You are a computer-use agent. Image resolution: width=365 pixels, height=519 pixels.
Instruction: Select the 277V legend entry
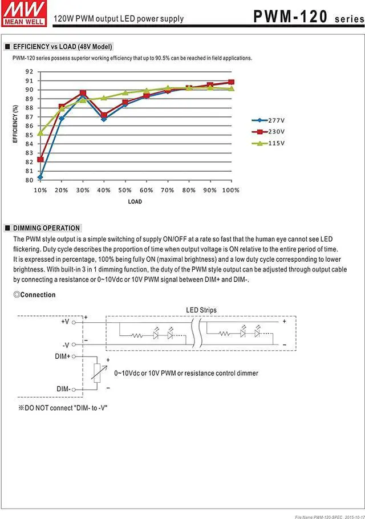click(x=268, y=120)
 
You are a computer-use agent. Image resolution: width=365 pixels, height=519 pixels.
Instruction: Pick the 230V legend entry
click(x=268, y=132)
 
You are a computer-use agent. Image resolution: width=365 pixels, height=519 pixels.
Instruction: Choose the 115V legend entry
click(x=268, y=143)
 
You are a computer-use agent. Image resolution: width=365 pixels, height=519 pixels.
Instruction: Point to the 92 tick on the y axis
click(x=29, y=72)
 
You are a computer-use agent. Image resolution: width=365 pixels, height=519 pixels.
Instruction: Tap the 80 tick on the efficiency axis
click(x=29, y=180)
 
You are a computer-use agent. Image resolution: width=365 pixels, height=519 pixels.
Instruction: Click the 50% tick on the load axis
click(x=125, y=190)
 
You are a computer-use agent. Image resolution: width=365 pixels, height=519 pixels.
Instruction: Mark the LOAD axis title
click(x=135, y=202)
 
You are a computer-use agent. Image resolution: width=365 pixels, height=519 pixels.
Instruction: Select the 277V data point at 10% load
click(x=40, y=177)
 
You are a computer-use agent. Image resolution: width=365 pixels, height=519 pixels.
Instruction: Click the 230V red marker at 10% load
click(x=40, y=160)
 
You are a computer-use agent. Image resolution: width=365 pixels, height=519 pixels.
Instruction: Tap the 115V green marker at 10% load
click(x=40, y=133)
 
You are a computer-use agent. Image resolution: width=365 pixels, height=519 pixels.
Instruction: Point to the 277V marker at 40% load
click(x=104, y=119)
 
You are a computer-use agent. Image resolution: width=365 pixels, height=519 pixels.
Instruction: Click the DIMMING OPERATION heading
click(x=46, y=228)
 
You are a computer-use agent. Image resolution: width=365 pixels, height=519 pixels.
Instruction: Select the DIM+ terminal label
click(x=63, y=356)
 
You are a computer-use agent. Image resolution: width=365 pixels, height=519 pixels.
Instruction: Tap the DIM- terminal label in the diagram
click(x=63, y=389)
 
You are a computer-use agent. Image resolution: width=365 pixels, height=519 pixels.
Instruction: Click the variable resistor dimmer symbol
click(x=97, y=372)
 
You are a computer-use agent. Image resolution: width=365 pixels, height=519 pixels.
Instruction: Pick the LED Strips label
click(x=201, y=310)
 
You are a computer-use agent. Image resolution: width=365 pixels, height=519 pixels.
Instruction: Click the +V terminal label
click(x=65, y=322)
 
